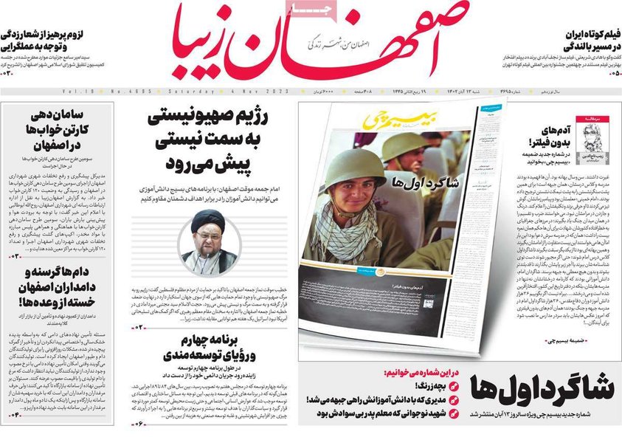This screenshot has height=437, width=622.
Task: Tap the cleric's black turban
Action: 208,222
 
